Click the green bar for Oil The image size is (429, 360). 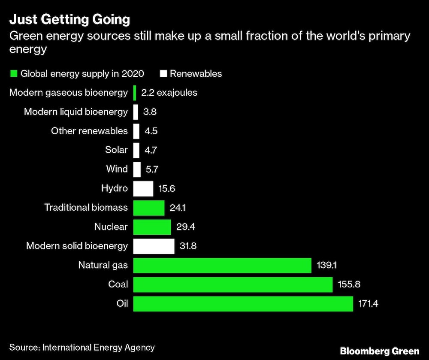[243, 304]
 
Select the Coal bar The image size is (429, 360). [233, 284]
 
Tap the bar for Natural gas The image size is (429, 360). [222, 265]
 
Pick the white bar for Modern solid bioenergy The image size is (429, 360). [154, 246]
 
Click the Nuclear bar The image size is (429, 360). [152, 227]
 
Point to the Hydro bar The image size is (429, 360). [143, 188]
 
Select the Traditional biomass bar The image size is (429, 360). [149, 208]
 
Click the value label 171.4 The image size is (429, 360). [369, 304]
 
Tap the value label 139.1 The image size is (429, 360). [326, 266]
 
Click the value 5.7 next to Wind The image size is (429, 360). [152, 169]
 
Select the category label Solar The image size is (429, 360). [116, 150]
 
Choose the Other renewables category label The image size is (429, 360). [89, 131]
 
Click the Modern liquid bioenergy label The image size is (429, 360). [76, 112]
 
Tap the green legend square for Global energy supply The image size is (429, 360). [13, 73]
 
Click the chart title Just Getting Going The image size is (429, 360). [69, 20]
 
